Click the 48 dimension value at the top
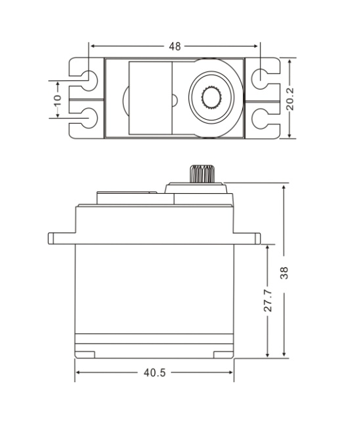(175, 46)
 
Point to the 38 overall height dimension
(284, 273)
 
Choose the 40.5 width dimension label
(154, 372)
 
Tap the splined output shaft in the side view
(200, 174)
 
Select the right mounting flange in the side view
(247, 238)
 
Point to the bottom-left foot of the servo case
(84, 355)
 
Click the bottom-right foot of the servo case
(224, 355)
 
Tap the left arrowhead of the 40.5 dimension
(79, 372)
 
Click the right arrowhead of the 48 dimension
(256, 46)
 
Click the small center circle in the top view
(174, 99)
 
